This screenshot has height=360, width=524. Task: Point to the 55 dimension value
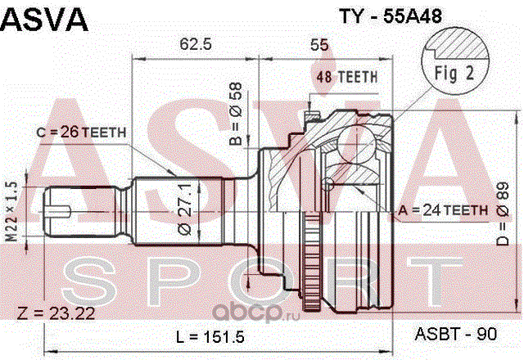[319, 46]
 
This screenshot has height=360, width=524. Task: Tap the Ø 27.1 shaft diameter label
[187, 210]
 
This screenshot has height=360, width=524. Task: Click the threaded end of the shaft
[65, 211]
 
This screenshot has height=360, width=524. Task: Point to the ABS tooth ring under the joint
[310, 270]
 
